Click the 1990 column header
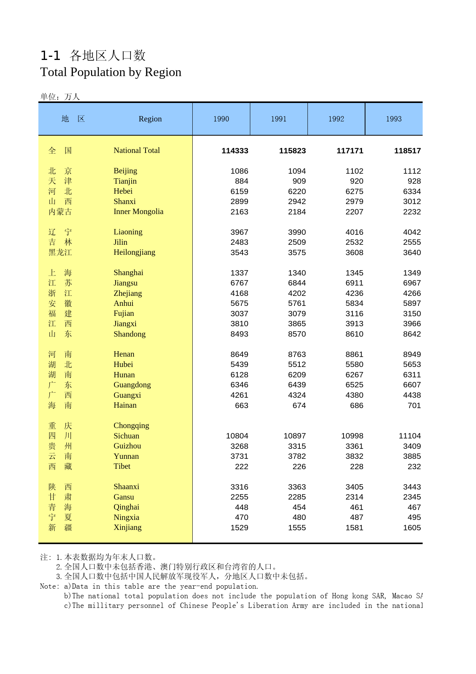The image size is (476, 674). pos(221,119)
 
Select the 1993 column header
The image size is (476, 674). pos(393,119)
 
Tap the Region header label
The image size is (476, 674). pos(150,119)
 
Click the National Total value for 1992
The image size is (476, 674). pos(350,151)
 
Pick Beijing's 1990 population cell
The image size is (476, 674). pos(239,171)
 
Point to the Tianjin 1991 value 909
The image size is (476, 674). pos(299,181)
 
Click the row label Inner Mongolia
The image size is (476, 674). pos(138,212)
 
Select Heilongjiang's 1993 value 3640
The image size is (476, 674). pos(412,253)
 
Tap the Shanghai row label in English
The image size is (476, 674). pos(128,273)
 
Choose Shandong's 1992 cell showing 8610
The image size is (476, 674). pos(354,334)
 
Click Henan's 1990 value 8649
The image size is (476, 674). pos(239,355)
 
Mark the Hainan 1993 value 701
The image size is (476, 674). pos(414,406)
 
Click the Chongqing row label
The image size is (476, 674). pos(131,426)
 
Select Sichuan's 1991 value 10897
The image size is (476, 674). pos(294,436)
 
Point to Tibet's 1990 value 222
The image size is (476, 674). pos(241,467)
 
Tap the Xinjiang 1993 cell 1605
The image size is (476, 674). pos(412,528)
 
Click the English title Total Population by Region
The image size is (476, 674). pos(111,72)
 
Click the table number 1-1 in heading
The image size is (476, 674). pos(50,56)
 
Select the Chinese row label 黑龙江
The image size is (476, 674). pos(60,253)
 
